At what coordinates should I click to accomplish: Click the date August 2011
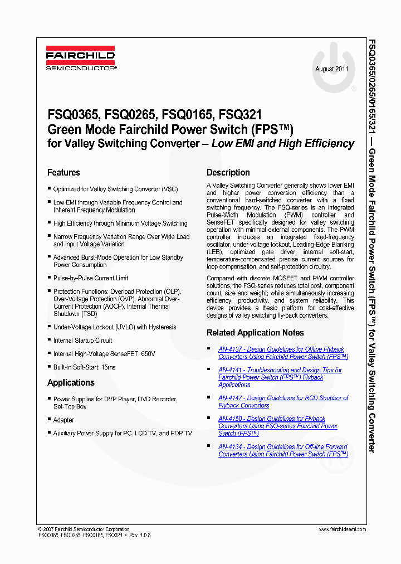click(332, 69)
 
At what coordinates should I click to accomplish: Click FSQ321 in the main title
click(241, 116)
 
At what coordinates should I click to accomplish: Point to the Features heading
click(63, 173)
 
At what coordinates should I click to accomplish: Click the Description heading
click(228, 173)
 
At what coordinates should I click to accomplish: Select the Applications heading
click(71, 383)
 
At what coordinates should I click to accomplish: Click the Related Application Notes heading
click(255, 333)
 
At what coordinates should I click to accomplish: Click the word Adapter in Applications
click(63, 420)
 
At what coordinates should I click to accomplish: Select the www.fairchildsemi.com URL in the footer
click(343, 529)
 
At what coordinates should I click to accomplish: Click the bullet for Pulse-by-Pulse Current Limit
click(50, 278)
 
